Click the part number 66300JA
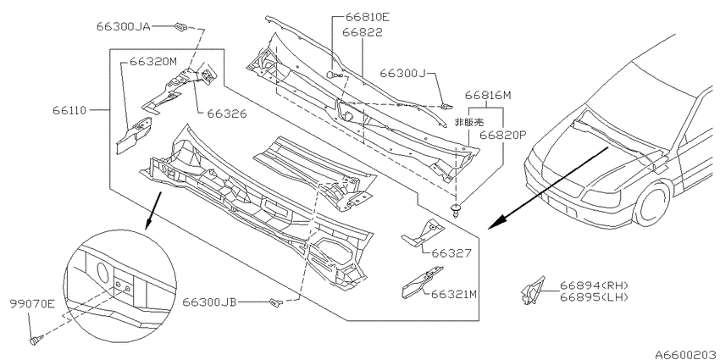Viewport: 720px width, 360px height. coord(123,26)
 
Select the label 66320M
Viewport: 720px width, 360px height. coord(153,62)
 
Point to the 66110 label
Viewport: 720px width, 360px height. coord(69,110)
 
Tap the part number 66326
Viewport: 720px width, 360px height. coord(227,114)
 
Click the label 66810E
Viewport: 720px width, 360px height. coord(368,17)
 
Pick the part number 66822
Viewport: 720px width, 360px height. coord(363,32)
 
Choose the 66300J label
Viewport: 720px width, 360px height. coord(402,73)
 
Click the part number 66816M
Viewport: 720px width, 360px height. coord(488,96)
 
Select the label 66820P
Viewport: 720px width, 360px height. coord(503,135)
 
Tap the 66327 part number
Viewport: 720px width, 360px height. coord(451,253)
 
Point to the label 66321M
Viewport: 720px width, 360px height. coord(454,294)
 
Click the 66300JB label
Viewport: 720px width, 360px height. coord(209,302)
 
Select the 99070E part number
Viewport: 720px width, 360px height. coord(32,303)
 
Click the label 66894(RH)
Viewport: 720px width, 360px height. coord(594,285)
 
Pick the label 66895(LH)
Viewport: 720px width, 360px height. coord(594,297)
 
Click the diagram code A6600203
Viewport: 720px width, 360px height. coord(687,354)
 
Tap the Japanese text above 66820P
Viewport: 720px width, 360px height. coord(468,123)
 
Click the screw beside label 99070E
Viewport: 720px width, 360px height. coord(36,341)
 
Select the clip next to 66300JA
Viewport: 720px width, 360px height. coord(181,26)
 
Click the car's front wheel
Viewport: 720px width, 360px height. coord(651,203)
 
